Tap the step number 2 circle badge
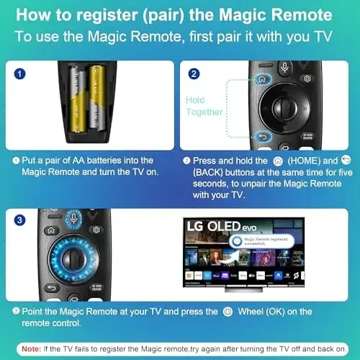click(x=194, y=73)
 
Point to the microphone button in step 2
click(x=284, y=69)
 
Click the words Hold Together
click(x=205, y=107)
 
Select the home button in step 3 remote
click(x=50, y=232)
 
